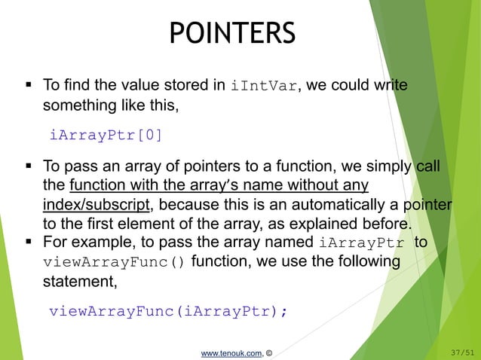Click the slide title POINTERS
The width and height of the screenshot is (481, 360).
[x=231, y=32]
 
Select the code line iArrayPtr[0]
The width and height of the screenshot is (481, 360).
[x=105, y=136]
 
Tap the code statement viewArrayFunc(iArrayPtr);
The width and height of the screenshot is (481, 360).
[x=167, y=311]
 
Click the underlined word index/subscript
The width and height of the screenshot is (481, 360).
[x=98, y=205]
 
